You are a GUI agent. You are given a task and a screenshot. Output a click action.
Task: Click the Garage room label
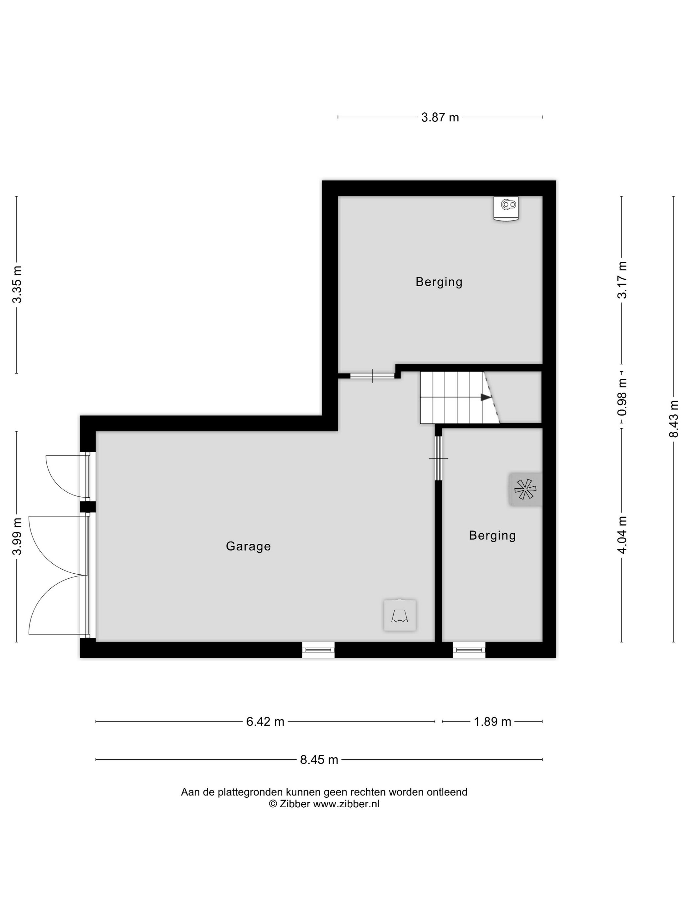pyautogui.click(x=248, y=546)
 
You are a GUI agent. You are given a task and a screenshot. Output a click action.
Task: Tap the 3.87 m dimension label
pyautogui.click(x=440, y=117)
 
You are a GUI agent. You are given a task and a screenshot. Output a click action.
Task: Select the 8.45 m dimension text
pyautogui.click(x=319, y=759)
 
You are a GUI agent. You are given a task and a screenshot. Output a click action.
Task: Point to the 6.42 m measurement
pyautogui.click(x=265, y=722)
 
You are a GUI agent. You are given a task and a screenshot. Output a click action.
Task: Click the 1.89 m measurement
pyautogui.click(x=493, y=722)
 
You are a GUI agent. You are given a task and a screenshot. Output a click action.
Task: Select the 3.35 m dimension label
pyautogui.click(x=17, y=285)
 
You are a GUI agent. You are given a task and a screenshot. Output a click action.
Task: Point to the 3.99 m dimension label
pyautogui.click(x=17, y=537)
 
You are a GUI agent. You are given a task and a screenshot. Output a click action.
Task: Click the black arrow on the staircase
pyautogui.click(x=485, y=397)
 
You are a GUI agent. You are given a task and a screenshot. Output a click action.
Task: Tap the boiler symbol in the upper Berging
pyautogui.click(x=507, y=208)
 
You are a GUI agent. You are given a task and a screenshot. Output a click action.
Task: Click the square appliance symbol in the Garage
pyautogui.click(x=400, y=615)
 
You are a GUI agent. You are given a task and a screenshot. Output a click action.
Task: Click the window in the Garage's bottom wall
pyautogui.click(x=318, y=650)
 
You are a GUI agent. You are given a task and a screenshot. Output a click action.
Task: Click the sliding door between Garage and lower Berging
pyautogui.click(x=438, y=458)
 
